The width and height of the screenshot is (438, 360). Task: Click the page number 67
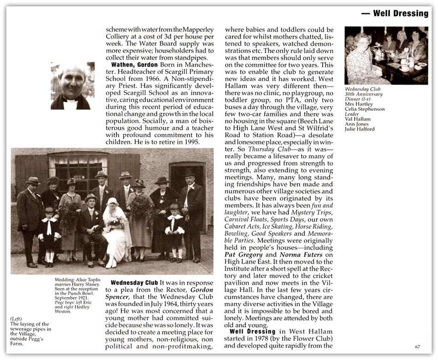coord(417,347)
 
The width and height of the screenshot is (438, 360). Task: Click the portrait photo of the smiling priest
coord(73,86)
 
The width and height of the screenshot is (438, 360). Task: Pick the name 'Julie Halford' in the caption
coord(360,129)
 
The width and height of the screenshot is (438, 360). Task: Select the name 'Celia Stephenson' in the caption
coord(365,109)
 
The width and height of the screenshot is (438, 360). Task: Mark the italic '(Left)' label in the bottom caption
coord(17,319)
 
